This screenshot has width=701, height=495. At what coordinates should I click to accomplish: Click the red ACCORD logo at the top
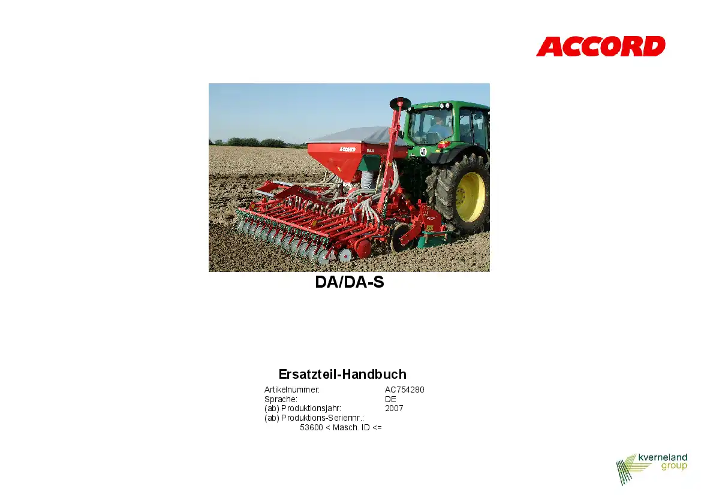tap(600, 47)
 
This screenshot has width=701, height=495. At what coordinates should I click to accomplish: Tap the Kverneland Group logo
tap(651, 469)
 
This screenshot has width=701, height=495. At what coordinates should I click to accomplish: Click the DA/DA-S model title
tap(350, 282)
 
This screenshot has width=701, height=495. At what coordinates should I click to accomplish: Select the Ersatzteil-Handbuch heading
tap(342, 374)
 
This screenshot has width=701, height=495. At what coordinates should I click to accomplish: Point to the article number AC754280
tap(405, 390)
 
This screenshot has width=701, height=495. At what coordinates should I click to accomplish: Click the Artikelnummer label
tap(292, 390)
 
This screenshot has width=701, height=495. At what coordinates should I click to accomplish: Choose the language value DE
tap(390, 399)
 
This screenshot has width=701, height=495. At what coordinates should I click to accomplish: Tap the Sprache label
tap(281, 399)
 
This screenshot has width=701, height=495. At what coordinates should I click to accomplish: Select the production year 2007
tap(394, 408)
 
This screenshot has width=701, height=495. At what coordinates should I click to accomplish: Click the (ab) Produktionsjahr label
tap(303, 408)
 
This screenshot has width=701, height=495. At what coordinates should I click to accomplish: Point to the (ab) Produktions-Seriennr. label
tap(314, 418)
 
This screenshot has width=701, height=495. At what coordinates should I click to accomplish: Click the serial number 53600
tap(311, 427)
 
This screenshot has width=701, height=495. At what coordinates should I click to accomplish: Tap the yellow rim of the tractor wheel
tap(470, 197)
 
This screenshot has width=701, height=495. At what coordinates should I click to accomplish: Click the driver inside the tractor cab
tap(437, 127)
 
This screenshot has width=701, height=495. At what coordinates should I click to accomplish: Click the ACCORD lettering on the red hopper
tap(347, 149)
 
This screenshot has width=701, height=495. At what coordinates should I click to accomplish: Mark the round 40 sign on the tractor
tap(423, 152)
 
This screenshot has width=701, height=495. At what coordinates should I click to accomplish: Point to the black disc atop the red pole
tap(400, 103)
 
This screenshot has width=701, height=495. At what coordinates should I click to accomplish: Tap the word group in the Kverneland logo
tap(674, 466)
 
